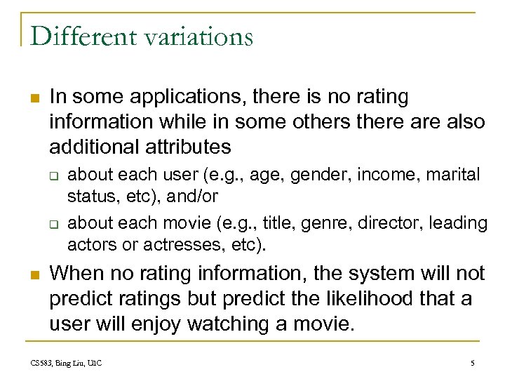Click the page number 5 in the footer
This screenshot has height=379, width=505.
(472, 363)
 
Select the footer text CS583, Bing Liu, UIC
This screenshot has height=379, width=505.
(66, 363)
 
